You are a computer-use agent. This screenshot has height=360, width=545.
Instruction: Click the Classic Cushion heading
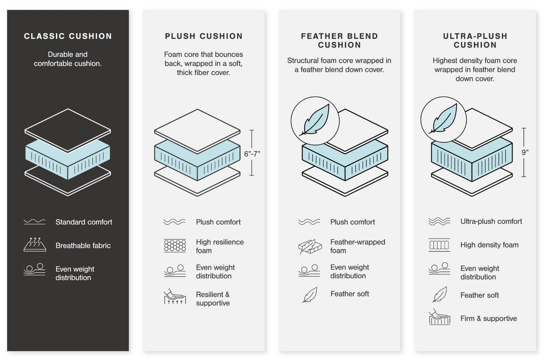tap(68, 36)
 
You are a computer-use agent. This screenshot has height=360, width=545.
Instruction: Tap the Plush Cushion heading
tap(204, 36)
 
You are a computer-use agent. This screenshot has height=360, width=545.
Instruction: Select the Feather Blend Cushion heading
tap(340, 40)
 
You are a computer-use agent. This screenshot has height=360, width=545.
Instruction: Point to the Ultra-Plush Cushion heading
tap(475, 40)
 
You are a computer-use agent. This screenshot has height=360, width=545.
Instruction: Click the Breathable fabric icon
tap(34, 245)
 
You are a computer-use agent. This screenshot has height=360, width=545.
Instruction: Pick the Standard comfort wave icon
tap(34, 222)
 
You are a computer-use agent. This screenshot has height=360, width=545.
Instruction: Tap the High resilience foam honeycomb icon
tap(174, 246)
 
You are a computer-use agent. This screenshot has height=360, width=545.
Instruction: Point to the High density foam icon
tap(439, 245)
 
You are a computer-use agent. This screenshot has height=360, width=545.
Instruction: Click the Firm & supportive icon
tap(439, 318)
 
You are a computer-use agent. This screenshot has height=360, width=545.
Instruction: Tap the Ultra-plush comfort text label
tap(491, 221)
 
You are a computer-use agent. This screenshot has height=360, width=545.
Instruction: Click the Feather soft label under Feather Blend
tap(349, 294)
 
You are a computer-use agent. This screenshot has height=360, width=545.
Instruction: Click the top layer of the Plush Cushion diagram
tap(197, 129)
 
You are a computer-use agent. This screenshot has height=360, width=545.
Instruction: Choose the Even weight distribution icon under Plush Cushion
tap(174, 271)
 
